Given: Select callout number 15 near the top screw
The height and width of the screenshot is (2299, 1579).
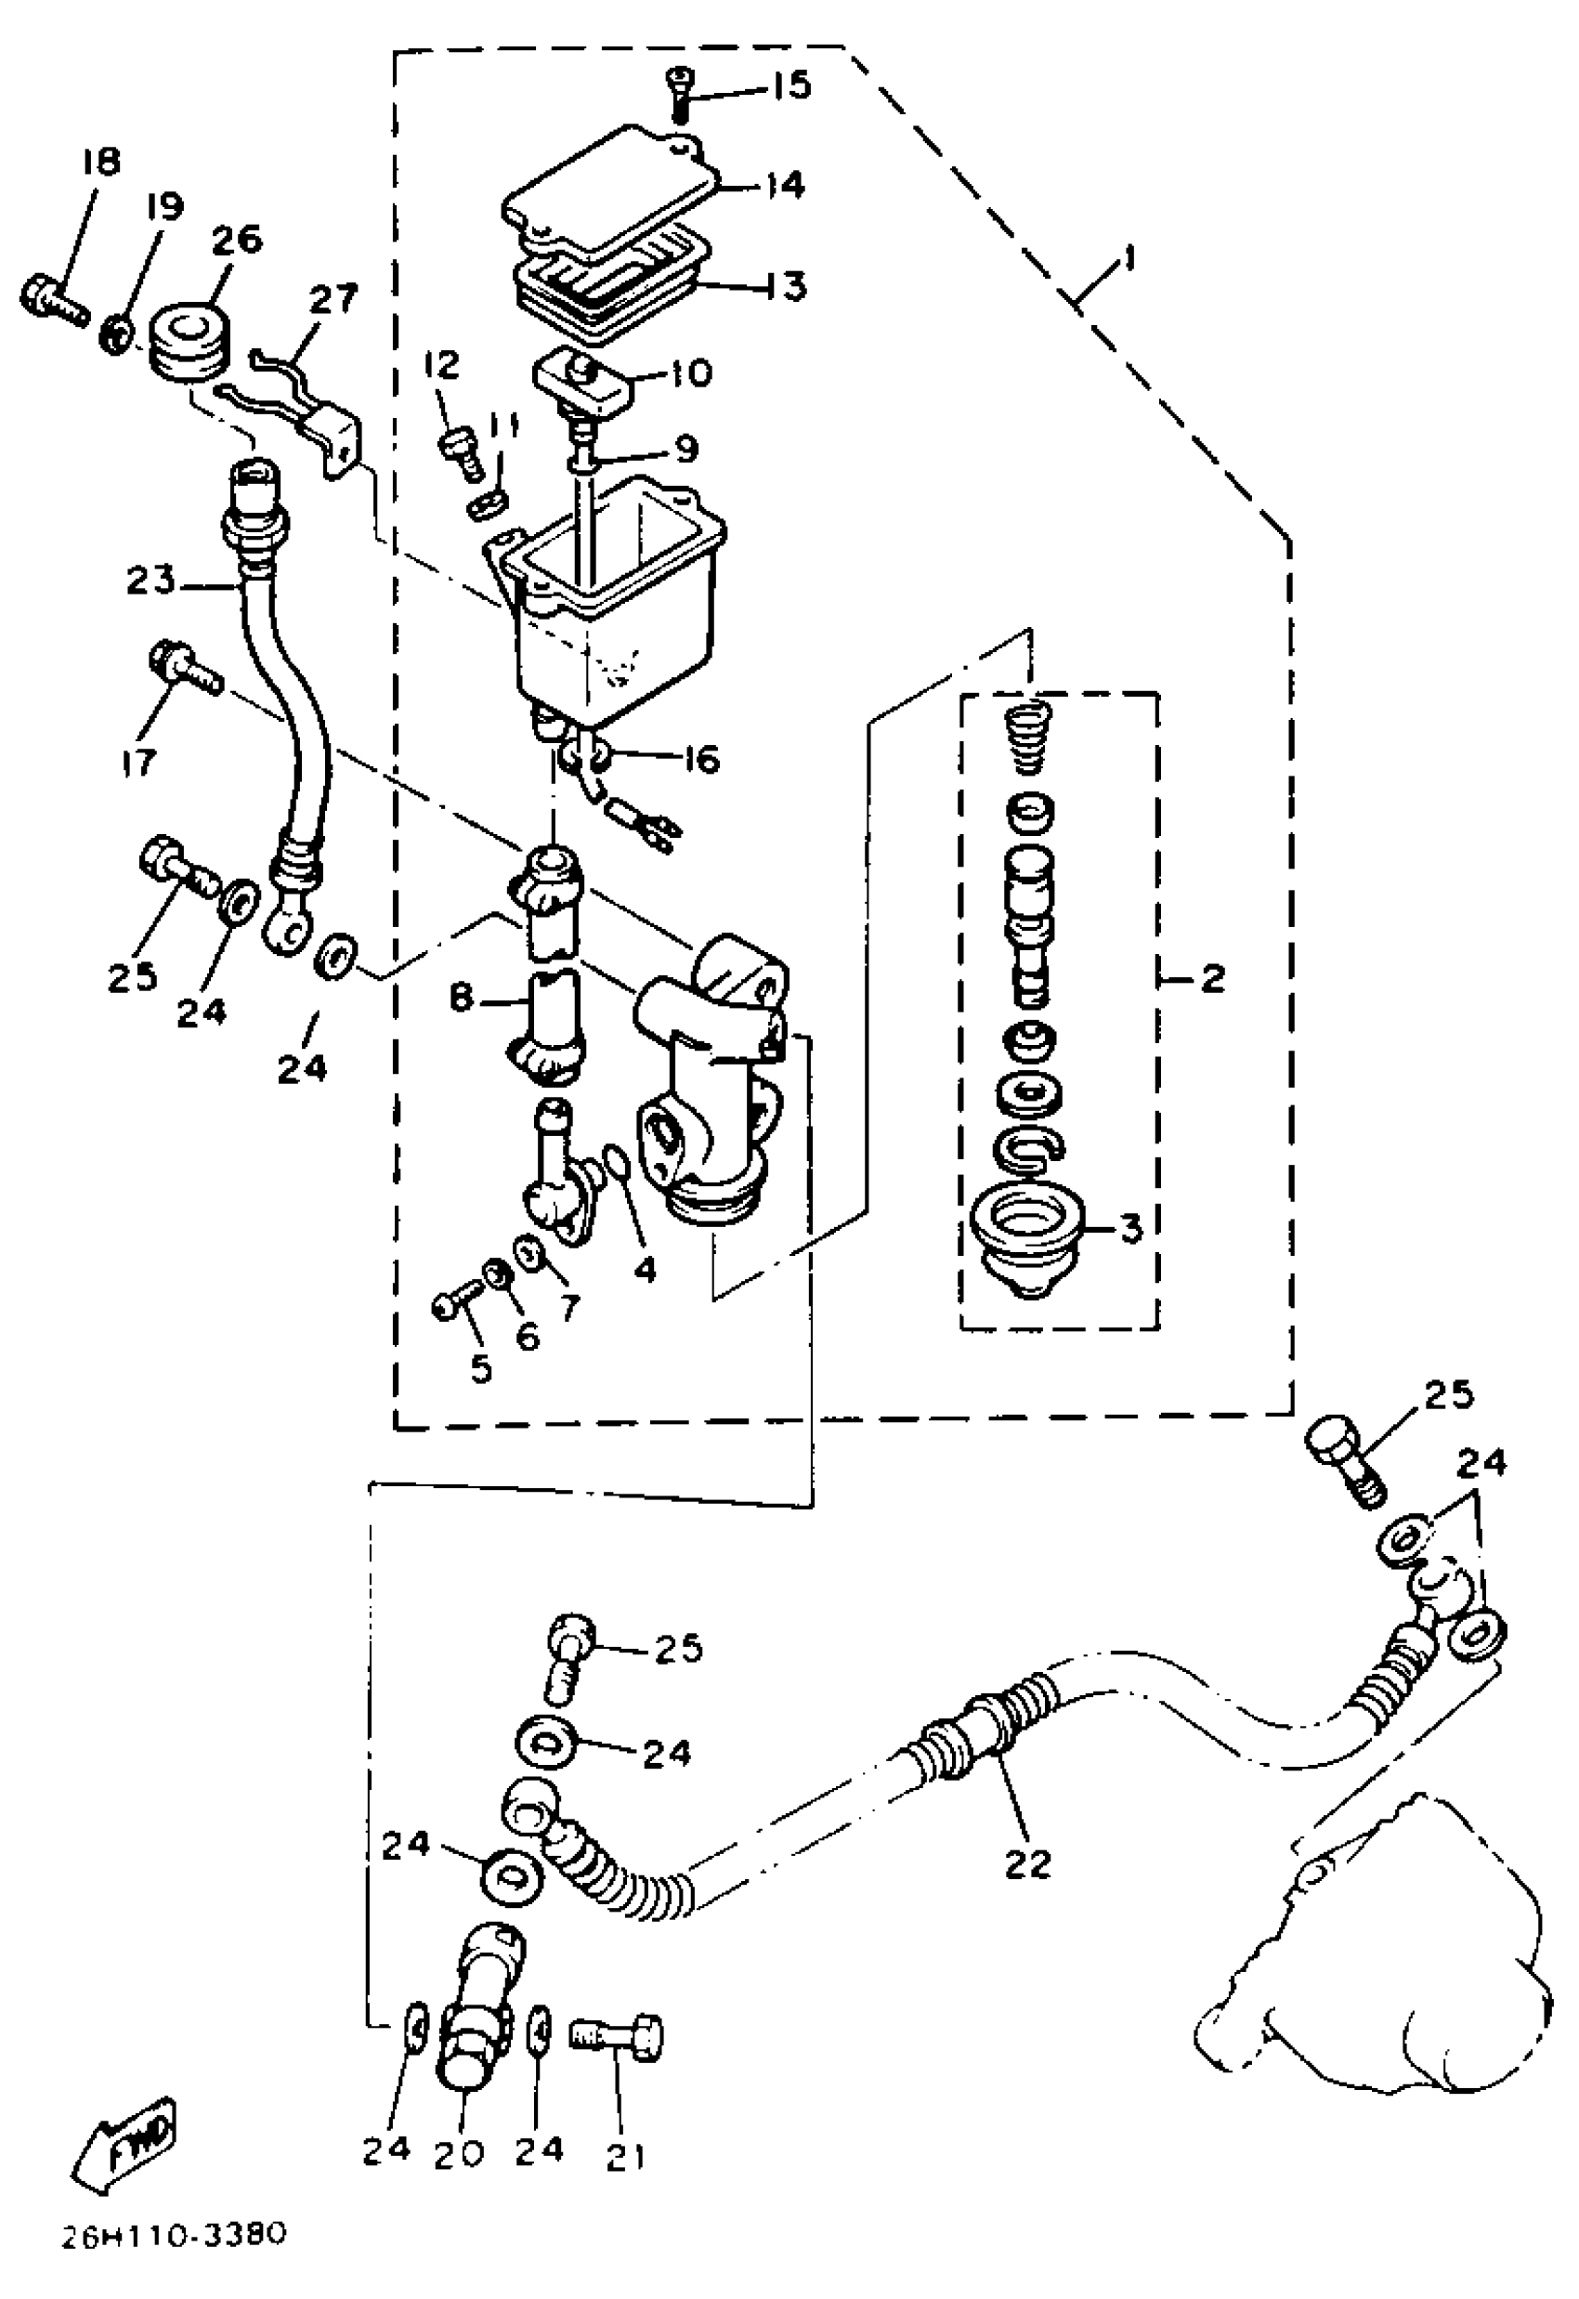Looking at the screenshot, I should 789,85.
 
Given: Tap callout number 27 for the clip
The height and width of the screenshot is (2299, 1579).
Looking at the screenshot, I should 332,299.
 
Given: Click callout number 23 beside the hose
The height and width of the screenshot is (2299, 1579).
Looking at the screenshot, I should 150,580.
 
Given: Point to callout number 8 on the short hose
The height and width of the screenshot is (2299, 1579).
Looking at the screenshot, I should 462,997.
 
